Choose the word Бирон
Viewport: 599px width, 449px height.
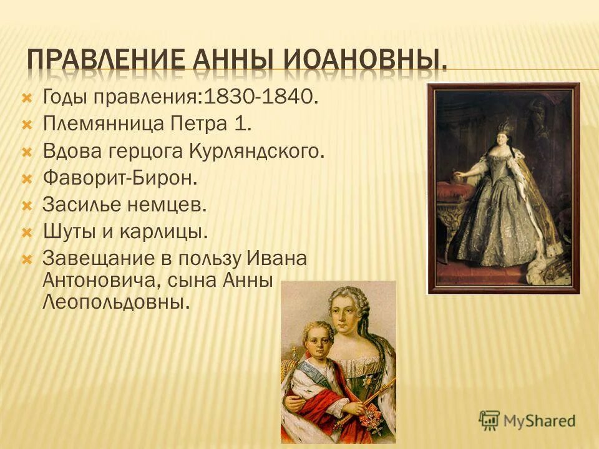(171, 178)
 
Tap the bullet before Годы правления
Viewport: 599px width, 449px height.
(26, 97)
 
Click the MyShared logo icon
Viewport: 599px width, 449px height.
(489, 420)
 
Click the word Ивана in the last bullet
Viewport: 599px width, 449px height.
(278, 258)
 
